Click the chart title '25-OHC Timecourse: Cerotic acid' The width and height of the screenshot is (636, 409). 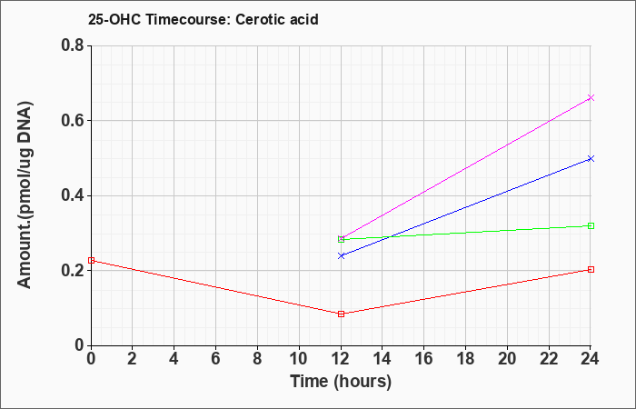pyautogui.click(x=204, y=19)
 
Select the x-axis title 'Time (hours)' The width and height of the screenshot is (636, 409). pyautogui.click(x=341, y=382)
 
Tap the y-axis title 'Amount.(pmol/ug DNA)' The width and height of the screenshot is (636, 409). pyautogui.click(x=25, y=195)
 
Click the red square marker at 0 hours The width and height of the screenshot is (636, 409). pyautogui.click(x=91, y=260)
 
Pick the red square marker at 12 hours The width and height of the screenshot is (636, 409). pyautogui.click(x=341, y=314)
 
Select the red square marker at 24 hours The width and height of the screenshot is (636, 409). pyautogui.click(x=591, y=269)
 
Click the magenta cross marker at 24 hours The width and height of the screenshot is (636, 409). pyautogui.click(x=591, y=98)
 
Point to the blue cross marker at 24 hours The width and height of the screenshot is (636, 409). pyautogui.click(x=591, y=159)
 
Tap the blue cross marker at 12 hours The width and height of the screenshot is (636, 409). pyautogui.click(x=341, y=255)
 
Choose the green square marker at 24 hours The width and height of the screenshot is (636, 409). pyautogui.click(x=591, y=225)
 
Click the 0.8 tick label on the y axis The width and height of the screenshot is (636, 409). pyautogui.click(x=73, y=45)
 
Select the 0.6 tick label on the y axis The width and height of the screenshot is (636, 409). pyautogui.click(x=73, y=120)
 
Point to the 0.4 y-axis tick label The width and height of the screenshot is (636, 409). pyautogui.click(x=73, y=195)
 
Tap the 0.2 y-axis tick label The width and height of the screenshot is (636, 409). pyautogui.click(x=73, y=271)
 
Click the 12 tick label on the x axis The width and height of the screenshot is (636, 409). pyautogui.click(x=341, y=359)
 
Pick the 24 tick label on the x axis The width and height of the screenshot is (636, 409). pyautogui.click(x=591, y=359)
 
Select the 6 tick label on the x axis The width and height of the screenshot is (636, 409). pyautogui.click(x=216, y=359)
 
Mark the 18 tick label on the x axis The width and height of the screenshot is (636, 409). pyautogui.click(x=465, y=359)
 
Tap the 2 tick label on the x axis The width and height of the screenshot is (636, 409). pyautogui.click(x=133, y=359)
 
